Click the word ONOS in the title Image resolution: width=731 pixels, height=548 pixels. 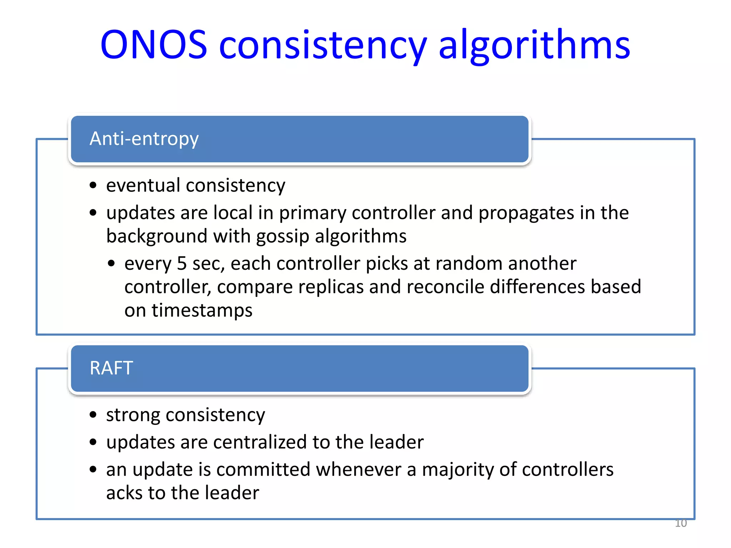click(x=153, y=45)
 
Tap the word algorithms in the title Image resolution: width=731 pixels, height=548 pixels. click(x=534, y=46)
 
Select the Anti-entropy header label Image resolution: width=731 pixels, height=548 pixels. click(x=144, y=139)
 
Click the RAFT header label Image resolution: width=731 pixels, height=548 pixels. click(x=111, y=368)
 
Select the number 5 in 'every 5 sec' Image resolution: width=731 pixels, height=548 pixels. click(x=182, y=264)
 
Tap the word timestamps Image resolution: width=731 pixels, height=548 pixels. click(x=202, y=310)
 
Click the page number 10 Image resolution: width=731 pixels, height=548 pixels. click(x=681, y=523)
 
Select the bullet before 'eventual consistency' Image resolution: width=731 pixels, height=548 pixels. click(x=93, y=186)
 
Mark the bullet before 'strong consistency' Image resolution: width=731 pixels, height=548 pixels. click(x=93, y=415)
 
